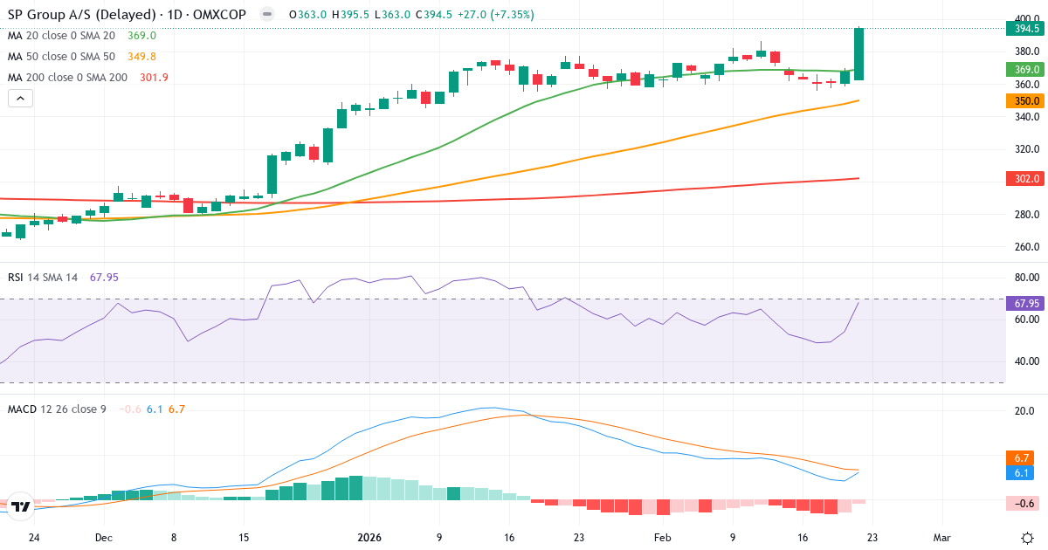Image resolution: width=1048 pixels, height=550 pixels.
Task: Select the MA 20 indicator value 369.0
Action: [x=141, y=36]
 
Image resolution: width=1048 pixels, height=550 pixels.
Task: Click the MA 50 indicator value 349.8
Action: [x=141, y=57]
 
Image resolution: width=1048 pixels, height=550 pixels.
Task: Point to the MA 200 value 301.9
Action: [x=154, y=78]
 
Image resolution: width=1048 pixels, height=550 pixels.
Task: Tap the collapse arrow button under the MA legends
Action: [x=21, y=99]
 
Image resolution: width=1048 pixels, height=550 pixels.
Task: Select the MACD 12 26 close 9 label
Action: [x=57, y=409]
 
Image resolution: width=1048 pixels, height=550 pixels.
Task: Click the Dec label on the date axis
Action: [x=103, y=538]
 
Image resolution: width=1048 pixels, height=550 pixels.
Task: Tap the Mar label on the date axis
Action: [x=941, y=538]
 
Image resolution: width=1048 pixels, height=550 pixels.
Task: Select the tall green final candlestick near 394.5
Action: [x=858, y=54]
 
